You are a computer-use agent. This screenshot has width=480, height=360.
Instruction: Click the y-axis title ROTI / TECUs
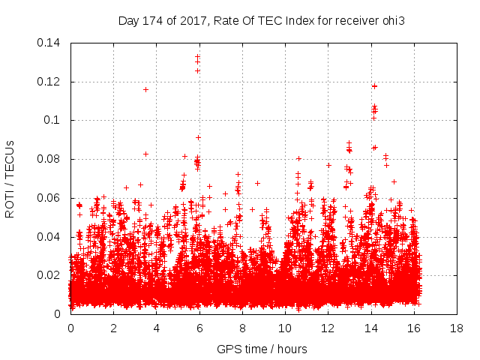[x=10, y=178]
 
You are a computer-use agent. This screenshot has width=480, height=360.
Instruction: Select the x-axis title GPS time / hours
[x=262, y=349]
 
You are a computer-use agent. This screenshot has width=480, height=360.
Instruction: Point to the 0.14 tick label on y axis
[x=50, y=42]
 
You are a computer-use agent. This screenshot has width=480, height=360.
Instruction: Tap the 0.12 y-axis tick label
[x=50, y=81]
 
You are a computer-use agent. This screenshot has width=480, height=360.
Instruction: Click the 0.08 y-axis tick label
[x=50, y=159]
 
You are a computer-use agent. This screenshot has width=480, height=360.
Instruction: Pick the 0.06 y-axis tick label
[x=50, y=198]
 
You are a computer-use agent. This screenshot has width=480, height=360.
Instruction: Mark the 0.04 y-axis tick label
[x=50, y=237]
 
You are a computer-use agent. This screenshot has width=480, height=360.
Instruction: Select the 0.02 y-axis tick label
[x=50, y=275]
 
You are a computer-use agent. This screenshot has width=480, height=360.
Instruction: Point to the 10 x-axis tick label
[x=285, y=328]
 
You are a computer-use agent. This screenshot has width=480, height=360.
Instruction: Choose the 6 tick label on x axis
[x=199, y=328]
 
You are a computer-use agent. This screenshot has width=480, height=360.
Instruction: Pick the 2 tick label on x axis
[x=113, y=328]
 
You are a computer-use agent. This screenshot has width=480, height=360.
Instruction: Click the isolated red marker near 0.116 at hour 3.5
[x=145, y=89]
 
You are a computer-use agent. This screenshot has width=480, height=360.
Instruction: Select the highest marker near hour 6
[x=198, y=56]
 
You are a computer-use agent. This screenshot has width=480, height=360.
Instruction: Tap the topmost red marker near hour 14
[x=374, y=86]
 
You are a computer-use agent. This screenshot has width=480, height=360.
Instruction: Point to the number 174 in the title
[x=152, y=20]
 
